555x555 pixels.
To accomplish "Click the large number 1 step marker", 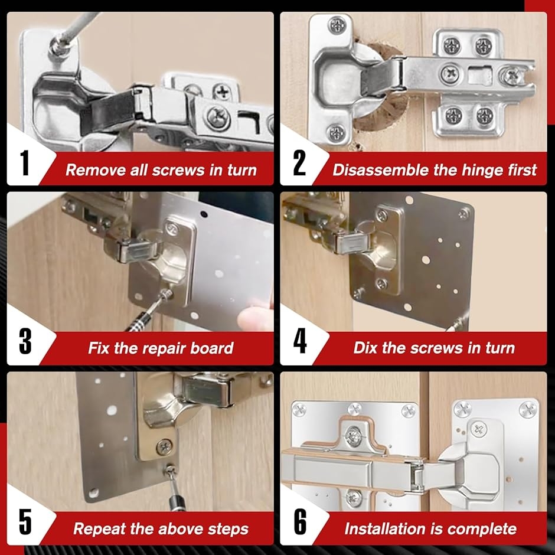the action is click(x=24, y=163).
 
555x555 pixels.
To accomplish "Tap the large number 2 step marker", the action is click(x=299, y=163).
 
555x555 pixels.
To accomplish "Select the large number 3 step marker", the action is click(x=25, y=341).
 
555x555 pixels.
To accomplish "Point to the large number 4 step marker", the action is click(x=300, y=341).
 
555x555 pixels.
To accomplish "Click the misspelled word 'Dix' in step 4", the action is click(x=365, y=348).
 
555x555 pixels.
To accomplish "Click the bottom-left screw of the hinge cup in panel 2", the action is click(x=335, y=132).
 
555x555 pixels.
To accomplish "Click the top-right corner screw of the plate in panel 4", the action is click(x=463, y=214).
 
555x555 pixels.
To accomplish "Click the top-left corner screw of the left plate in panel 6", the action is click(x=300, y=410).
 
